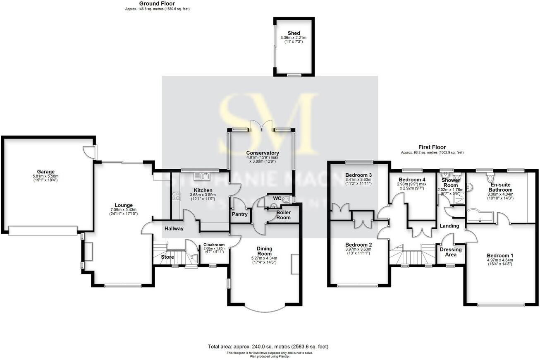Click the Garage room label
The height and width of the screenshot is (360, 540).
(x=45, y=172)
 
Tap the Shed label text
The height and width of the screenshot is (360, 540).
(x=294, y=33)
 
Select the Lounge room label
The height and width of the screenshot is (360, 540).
(x=124, y=205)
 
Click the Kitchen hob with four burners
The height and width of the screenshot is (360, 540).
(x=176, y=196)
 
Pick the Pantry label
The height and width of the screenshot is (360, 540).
(x=239, y=214)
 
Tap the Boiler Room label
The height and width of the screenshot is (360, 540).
(x=283, y=215)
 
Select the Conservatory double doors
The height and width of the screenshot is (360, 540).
(x=262, y=126)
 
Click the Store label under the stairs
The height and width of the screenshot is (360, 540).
(x=167, y=257)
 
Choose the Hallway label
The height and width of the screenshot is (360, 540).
(x=174, y=228)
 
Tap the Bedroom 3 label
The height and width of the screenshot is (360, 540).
(x=358, y=175)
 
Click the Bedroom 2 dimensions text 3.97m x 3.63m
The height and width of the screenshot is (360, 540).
(x=358, y=249)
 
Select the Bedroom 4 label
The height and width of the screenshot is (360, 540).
(x=412, y=179)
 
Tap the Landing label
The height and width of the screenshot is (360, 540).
(x=449, y=226)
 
